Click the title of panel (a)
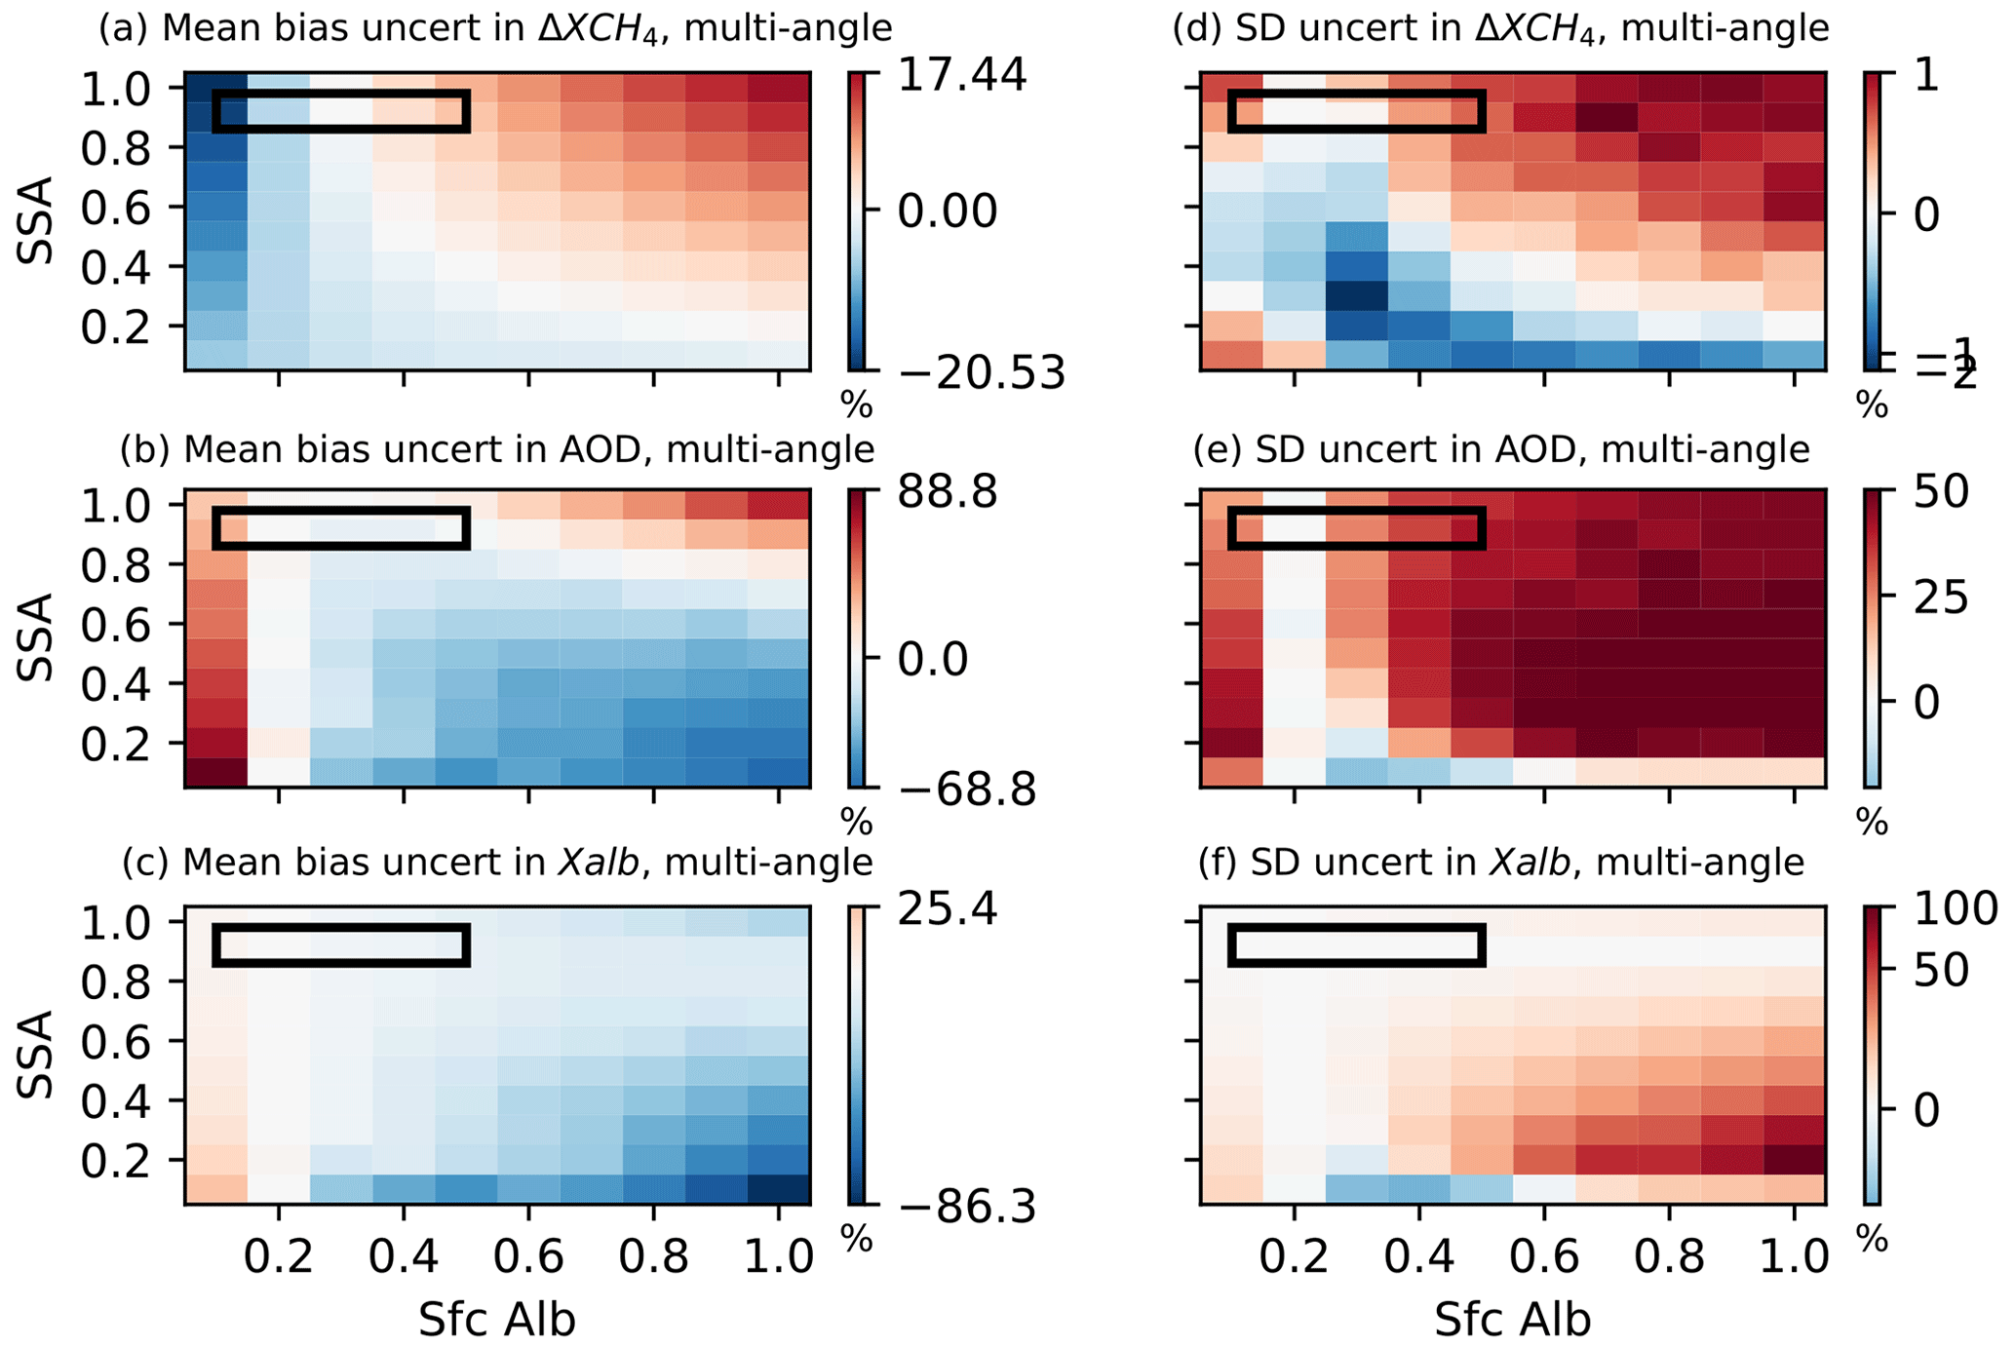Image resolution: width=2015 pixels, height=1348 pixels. (495, 28)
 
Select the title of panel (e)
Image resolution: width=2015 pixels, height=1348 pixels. (1501, 449)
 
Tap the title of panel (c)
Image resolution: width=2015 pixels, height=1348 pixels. (497, 862)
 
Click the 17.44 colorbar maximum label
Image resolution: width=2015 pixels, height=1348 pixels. (961, 75)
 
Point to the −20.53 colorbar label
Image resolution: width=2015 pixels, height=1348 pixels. (981, 372)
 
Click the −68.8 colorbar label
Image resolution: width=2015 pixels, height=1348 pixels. (966, 790)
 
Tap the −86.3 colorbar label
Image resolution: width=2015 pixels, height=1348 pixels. (966, 1209)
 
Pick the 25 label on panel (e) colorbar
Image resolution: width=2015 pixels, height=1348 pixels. (1940, 597)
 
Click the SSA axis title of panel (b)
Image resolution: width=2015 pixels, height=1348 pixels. (37, 639)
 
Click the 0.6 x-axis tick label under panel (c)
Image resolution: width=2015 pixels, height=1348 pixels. (528, 1256)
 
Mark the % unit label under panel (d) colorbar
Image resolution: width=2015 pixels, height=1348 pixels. (1872, 404)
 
